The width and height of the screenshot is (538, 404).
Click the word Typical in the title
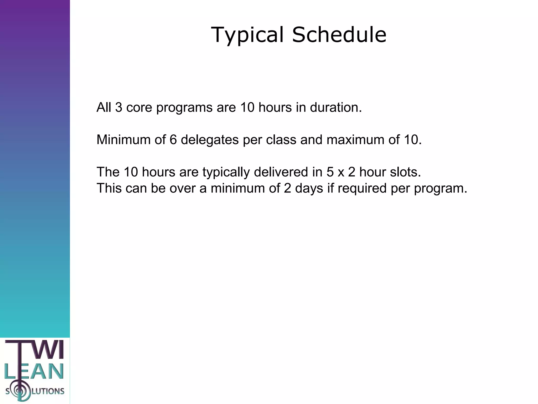pyautogui.click(x=247, y=35)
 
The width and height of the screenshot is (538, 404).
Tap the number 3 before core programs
pyautogui.click(x=118, y=107)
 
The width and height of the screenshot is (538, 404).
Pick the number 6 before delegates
pyautogui.click(x=173, y=140)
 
